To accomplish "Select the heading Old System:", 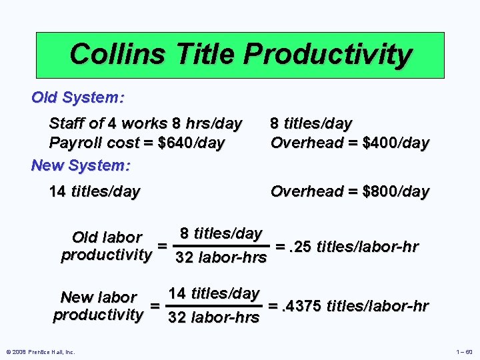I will click(78, 97).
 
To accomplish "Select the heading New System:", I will click(81, 165).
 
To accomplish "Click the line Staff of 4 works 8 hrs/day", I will click(145, 123).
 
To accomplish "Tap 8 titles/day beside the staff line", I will click(311, 123).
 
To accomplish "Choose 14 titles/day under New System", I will click(95, 192).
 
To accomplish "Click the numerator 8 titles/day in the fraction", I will click(221, 233).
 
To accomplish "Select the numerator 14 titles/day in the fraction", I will click(213, 293).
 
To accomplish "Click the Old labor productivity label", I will click(106, 246).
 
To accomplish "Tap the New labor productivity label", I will click(98, 306).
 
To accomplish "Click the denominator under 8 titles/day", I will click(221, 258).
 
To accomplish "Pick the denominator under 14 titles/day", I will click(213, 318).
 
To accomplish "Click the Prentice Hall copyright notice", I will click(41, 351).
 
